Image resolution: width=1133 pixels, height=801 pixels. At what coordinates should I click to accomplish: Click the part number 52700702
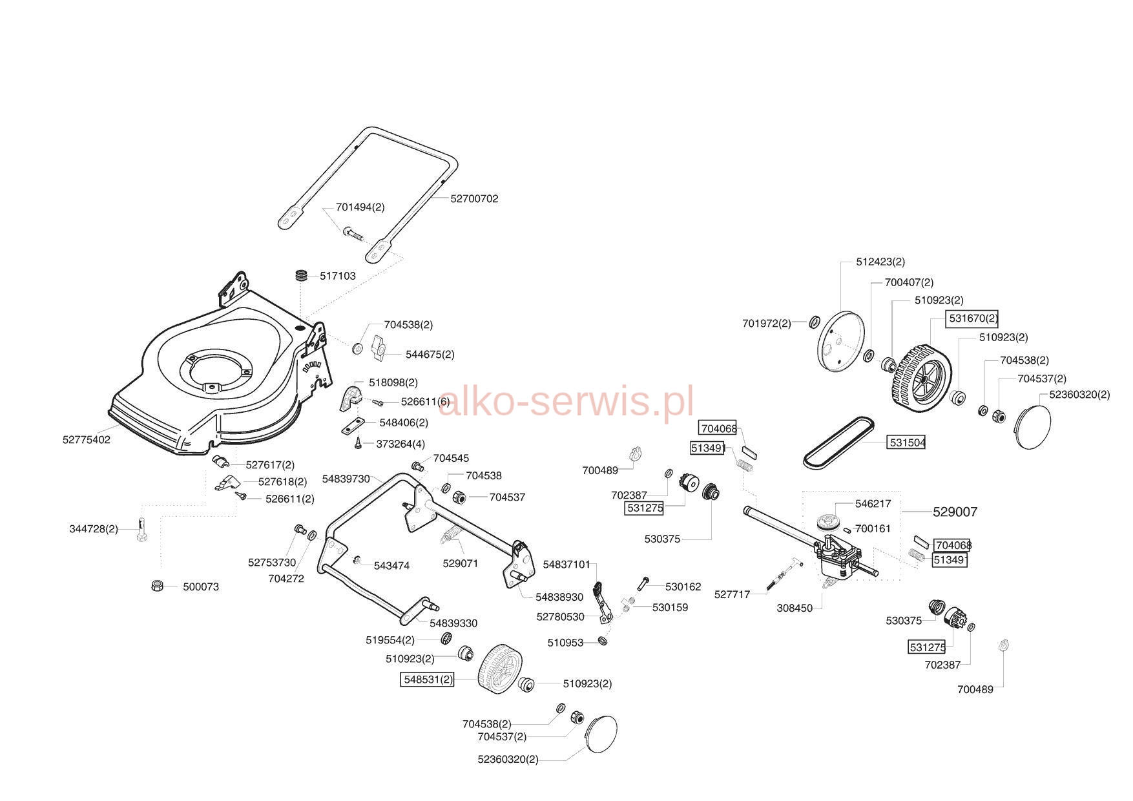pos(474,199)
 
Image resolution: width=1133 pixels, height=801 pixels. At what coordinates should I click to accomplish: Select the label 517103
pos(338,276)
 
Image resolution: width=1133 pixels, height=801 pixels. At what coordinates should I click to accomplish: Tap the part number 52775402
pos(87,440)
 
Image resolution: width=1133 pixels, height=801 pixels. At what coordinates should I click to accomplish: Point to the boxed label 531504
pos(908,442)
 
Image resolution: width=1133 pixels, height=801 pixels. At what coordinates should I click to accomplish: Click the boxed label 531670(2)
pos(972,318)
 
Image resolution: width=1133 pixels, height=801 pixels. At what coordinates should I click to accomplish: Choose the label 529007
pos(955,512)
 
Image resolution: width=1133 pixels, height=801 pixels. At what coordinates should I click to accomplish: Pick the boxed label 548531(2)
pos(428,680)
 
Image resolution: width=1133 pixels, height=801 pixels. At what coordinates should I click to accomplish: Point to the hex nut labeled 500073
pos(156,586)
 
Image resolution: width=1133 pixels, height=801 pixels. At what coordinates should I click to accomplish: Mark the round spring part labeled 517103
pos(301,275)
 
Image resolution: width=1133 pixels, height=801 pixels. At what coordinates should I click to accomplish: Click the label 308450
pos(795,608)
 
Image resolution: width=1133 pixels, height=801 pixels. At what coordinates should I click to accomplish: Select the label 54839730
pos(346,479)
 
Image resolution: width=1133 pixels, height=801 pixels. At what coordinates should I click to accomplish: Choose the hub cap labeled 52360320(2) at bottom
pos(601,734)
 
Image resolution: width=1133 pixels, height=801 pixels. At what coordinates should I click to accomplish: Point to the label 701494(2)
pos(360,207)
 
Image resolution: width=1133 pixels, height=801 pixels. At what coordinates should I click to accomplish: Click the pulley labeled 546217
pos(827,522)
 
